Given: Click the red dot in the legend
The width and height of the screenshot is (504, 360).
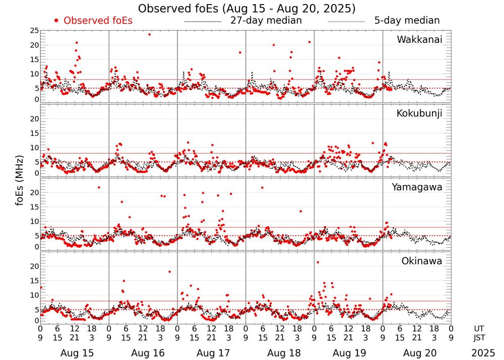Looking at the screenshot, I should (56, 21).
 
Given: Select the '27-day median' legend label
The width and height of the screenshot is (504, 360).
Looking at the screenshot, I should (266, 21).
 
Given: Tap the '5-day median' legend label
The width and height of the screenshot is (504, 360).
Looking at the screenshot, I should (407, 21).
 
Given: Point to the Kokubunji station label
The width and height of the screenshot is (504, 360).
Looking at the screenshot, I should (419, 113).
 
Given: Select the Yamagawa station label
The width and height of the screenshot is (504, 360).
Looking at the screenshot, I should (417, 187).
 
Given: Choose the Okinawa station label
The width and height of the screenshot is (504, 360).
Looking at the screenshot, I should (421, 261).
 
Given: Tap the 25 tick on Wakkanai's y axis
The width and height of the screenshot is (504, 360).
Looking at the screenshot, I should (34, 31).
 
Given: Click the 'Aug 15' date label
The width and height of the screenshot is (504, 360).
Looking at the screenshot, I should (74, 353).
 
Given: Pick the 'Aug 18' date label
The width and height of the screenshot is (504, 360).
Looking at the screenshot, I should (280, 353).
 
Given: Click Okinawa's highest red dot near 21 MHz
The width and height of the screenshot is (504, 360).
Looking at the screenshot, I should (318, 262).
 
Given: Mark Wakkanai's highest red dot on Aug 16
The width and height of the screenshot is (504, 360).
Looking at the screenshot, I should (149, 34).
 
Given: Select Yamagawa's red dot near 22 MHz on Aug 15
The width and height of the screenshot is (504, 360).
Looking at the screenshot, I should (99, 188).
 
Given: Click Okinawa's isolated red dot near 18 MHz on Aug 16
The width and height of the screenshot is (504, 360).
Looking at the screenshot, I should (169, 272).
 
